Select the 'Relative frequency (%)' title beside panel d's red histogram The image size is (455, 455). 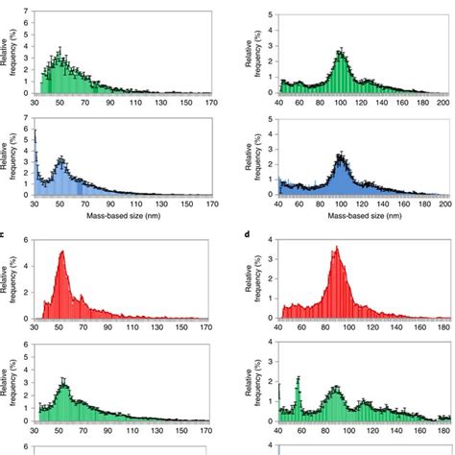(x=251, y=279)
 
